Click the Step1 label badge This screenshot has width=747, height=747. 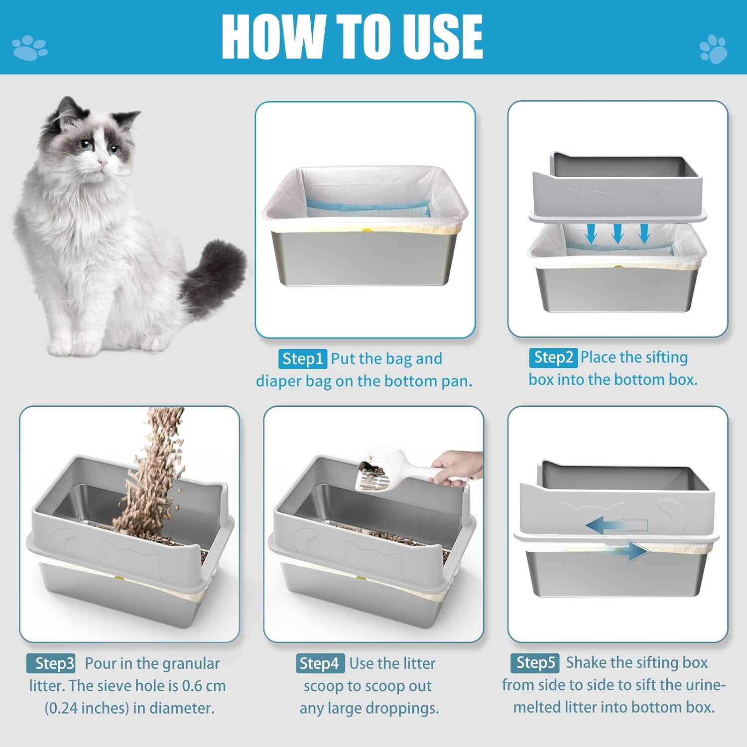(x=302, y=359)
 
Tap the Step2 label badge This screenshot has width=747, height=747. (x=553, y=357)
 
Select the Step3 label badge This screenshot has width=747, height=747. (x=51, y=663)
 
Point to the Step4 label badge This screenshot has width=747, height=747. (x=320, y=663)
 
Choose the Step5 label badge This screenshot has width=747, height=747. (x=535, y=662)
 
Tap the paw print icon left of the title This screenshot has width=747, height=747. (x=29, y=48)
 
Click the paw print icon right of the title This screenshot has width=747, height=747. (x=713, y=49)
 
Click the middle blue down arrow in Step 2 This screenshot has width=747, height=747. (x=618, y=233)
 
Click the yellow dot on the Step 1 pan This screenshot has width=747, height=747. (x=367, y=231)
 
